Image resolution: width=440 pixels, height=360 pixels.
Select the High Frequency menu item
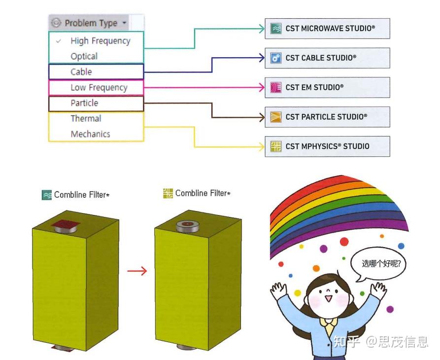pyautogui.click(x=100, y=41)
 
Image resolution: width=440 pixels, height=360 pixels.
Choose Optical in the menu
pyautogui.click(x=84, y=56)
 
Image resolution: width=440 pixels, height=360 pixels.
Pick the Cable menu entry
pyautogui.click(x=81, y=72)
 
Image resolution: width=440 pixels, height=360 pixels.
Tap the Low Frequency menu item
pyautogui.click(x=99, y=88)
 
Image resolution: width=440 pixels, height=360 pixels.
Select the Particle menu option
pyautogui.click(x=84, y=103)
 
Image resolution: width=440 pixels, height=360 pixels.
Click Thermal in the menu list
pyautogui.click(x=86, y=118)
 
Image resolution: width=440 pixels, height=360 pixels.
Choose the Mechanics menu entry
pyautogui.click(x=90, y=134)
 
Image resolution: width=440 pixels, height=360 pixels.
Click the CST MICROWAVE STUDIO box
pyautogui.click(x=327, y=29)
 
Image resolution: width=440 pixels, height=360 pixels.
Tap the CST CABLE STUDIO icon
pyautogui.click(x=276, y=58)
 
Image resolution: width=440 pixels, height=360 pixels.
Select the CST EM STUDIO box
pyautogui.click(x=327, y=87)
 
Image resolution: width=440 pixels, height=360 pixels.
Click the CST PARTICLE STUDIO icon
pyautogui.click(x=276, y=117)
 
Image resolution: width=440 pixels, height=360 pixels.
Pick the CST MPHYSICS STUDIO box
pyautogui.click(x=327, y=146)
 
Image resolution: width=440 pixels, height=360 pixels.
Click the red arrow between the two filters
pyautogui.click(x=136, y=271)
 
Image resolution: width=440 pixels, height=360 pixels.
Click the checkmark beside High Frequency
pyautogui.click(x=59, y=41)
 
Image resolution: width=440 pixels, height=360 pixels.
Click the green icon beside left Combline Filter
pyautogui.click(x=47, y=195)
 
